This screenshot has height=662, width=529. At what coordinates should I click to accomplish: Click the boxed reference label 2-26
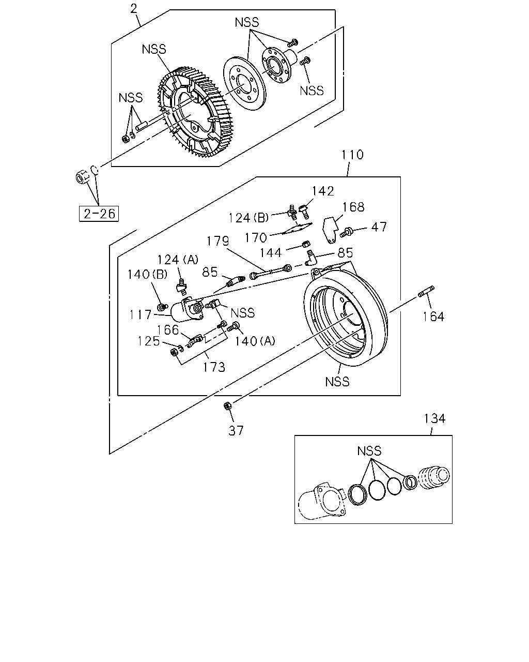pyautogui.click(x=99, y=214)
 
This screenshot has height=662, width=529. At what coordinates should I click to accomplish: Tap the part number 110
pyautogui.click(x=352, y=155)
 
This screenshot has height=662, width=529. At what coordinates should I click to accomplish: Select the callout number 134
pyautogui.click(x=434, y=418)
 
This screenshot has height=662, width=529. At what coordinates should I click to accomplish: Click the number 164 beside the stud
pyautogui.click(x=433, y=317)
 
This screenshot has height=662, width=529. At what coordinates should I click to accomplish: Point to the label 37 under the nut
pyautogui.click(x=236, y=431)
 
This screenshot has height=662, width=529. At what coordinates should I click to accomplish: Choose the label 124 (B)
pyautogui.click(x=248, y=218)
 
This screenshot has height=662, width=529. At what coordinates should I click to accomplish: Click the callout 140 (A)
pyautogui.click(x=255, y=341)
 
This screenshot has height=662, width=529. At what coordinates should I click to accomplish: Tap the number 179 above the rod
pyautogui.click(x=217, y=241)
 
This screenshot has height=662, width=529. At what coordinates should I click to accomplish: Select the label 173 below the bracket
pyautogui.click(x=214, y=367)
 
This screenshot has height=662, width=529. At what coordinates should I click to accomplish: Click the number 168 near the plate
pyautogui.click(x=353, y=207)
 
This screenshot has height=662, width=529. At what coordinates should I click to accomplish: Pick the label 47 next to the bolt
pyautogui.click(x=379, y=227)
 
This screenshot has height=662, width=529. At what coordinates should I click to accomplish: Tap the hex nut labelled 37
pyautogui.click(x=227, y=406)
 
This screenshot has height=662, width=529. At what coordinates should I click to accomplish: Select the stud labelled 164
pyautogui.click(x=426, y=291)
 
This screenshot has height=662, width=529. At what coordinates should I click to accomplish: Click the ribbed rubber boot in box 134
pyautogui.click(x=435, y=478)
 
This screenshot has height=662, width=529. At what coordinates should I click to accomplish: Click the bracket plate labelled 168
pyautogui.click(x=330, y=230)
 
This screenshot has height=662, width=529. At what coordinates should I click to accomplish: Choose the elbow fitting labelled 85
pyautogui.click(x=311, y=258)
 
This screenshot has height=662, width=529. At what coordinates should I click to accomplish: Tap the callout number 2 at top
pyautogui.click(x=133, y=9)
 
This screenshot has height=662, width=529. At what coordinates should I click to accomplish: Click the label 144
pyautogui.click(x=271, y=253)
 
